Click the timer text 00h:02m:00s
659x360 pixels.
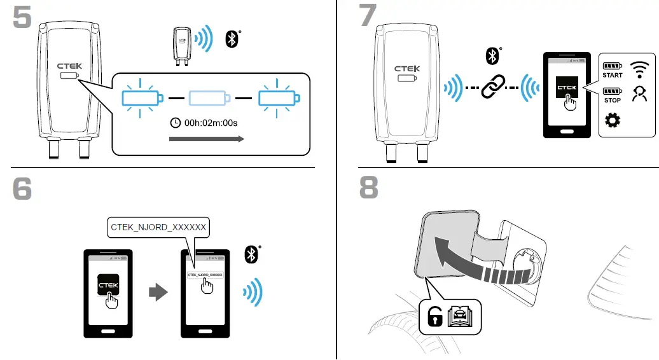(x=211, y=123)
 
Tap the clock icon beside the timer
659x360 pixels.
(x=176, y=123)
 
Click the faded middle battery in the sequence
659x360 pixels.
(x=210, y=98)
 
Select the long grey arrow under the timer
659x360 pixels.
(x=207, y=139)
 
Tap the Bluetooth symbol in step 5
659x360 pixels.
(x=232, y=39)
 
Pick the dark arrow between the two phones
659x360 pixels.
(x=158, y=293)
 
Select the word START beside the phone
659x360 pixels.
(x=613, y=75)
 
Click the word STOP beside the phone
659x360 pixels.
(x=613, y=100)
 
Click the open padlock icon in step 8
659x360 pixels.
(x=435, y=316)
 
